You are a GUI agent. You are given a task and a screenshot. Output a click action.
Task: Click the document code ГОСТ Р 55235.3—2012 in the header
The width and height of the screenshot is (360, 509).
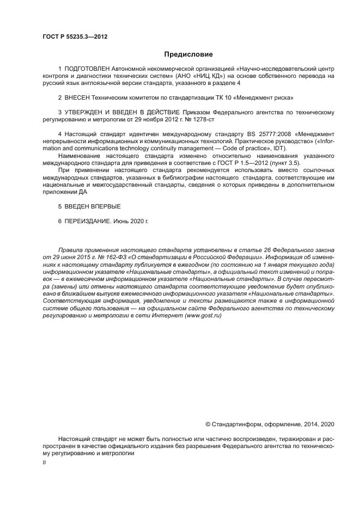point(74,36)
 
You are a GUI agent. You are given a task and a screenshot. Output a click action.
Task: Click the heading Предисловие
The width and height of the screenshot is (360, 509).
point(188,54)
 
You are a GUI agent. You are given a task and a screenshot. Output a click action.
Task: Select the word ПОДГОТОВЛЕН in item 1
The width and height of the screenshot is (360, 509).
point(87,69)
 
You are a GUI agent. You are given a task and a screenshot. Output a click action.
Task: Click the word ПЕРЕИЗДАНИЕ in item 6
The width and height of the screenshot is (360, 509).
point(88,222)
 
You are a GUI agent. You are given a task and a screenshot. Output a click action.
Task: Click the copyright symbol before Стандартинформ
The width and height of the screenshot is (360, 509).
point(208,424)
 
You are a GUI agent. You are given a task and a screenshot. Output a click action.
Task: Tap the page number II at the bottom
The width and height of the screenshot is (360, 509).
point(44,463)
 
